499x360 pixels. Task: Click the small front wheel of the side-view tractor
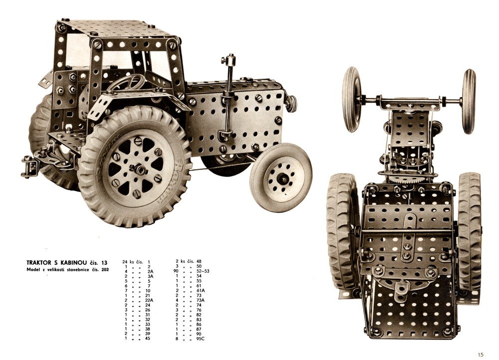click(281, 178)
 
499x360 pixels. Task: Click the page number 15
click(480, 355)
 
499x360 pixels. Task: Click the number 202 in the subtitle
click(105, 270)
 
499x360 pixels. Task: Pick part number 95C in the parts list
click(201, 339)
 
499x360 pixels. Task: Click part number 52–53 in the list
click(203, 271)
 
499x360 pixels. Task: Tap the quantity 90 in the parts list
click(175, 271)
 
